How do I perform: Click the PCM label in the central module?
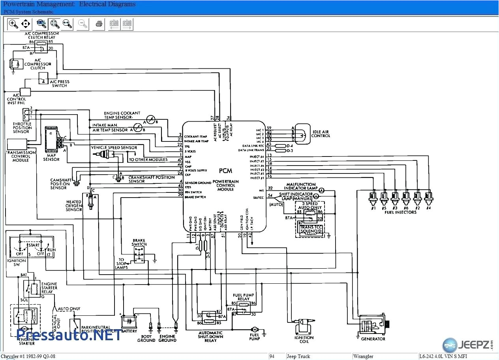[x=226, y=171]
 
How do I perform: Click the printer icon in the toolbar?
[x=99, y=24]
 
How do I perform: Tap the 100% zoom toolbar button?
[x=41, y=24]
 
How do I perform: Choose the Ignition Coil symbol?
[x=304, y=326]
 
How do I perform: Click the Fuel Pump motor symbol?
[x=255, y=329]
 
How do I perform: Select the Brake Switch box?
[x=139, y=255]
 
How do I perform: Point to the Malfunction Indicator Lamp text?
[x=300, y=187]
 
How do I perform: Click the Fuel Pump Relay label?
[x=244, y=297]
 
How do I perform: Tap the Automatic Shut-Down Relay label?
[x=210, y=337]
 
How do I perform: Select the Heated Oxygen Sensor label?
[x=74, y=206]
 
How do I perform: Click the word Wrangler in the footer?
[x=363, y=356]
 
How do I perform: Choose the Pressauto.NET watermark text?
[x=69, y=335]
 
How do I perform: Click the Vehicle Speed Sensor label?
[x=114, y=148]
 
